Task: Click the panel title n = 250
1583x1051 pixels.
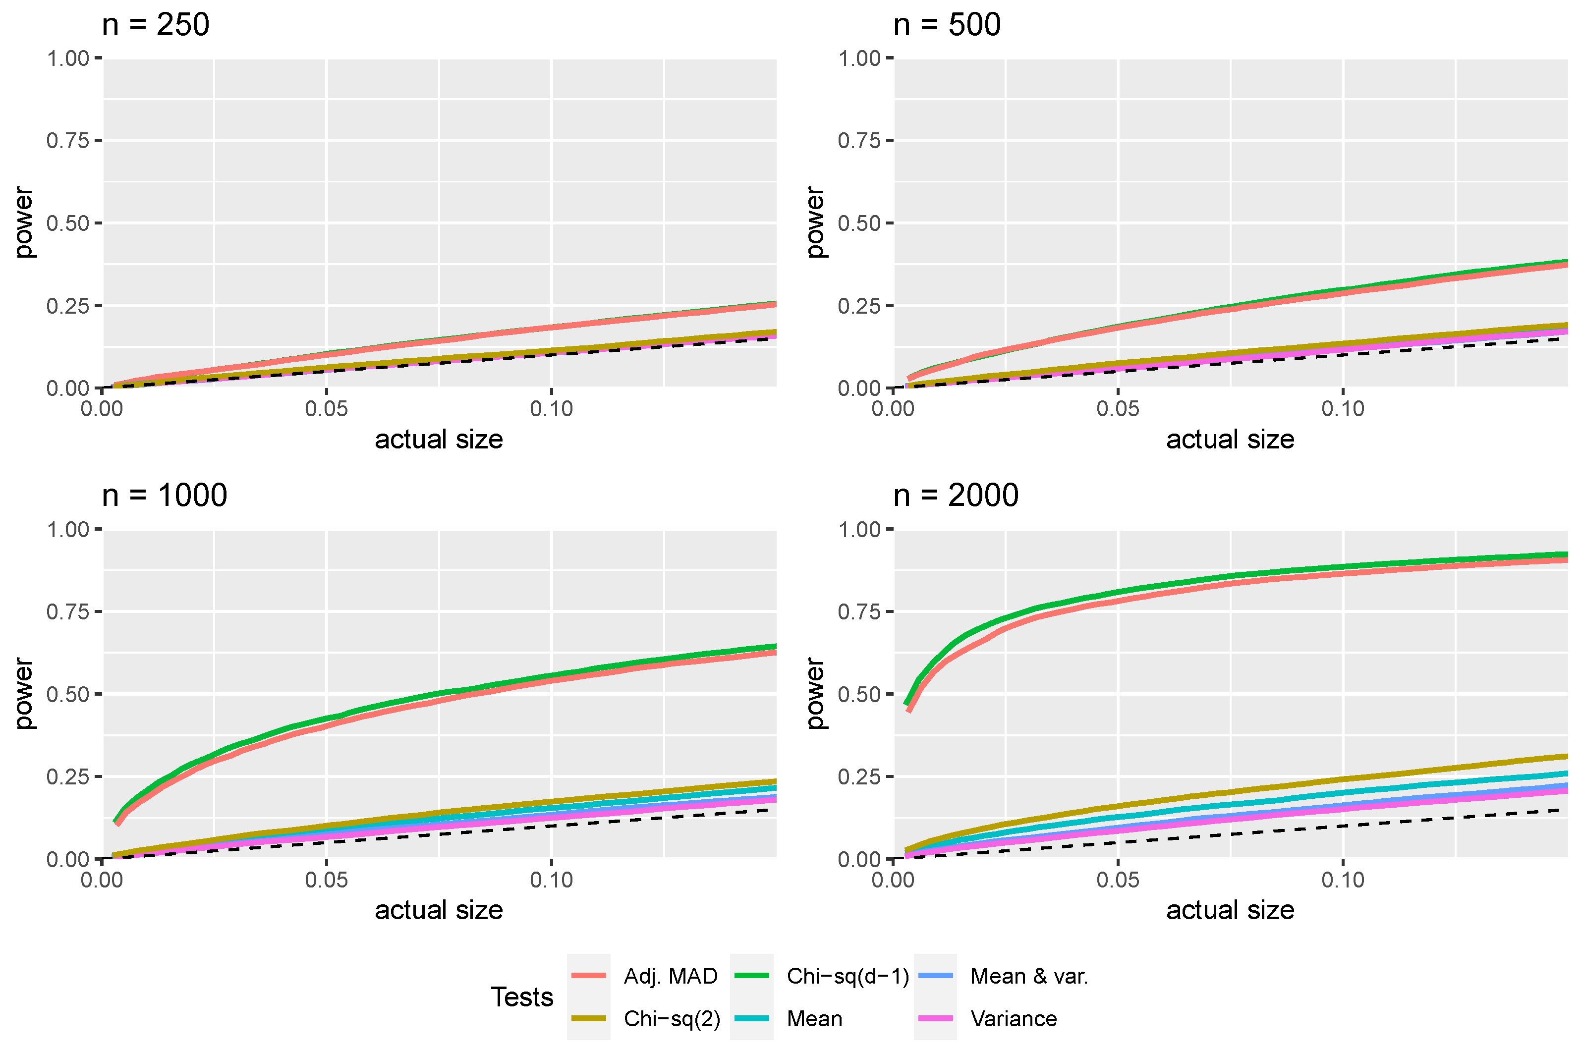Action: click(x=156, y=25)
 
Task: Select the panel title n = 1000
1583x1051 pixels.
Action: click(x=164, y=496)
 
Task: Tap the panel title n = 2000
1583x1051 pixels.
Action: click(x=956, y=496)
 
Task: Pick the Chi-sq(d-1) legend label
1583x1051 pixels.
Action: click(x=848, y=976)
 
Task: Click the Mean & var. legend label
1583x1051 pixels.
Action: click(x=1028, y=976)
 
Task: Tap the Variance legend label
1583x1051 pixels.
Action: click(x=1013, y=1019)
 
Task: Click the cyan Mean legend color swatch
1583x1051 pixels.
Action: click(x=751, y=1019)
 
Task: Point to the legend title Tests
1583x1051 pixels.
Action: click(x=521, y=997)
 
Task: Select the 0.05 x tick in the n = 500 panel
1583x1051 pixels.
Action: click(x=1118, y=409)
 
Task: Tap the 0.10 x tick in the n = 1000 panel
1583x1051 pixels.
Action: click(x=551, y=880)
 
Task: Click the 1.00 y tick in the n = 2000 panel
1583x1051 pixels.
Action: click(x=859, y=530)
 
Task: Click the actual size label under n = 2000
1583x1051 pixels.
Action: click(x=1230, y=910)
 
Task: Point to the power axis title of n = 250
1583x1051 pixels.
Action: click(x=24, y=222)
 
